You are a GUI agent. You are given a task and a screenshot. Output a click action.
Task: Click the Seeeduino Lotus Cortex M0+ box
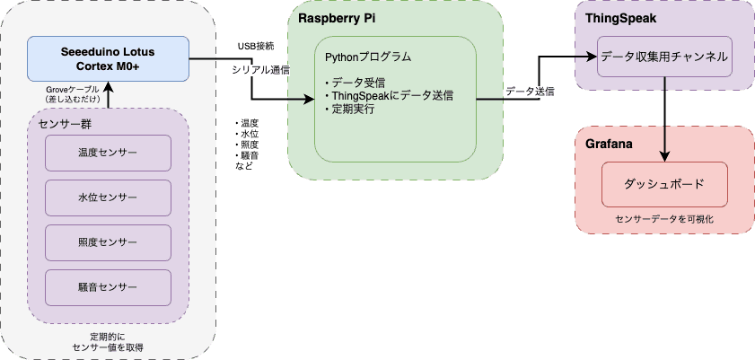108,58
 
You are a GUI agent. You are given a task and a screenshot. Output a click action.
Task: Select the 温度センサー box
108,154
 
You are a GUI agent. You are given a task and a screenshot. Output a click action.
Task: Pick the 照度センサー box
108,243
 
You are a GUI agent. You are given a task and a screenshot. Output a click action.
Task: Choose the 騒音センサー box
108,288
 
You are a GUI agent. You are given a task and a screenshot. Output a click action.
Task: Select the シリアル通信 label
259,69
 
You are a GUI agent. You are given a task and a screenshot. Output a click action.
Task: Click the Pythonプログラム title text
368,57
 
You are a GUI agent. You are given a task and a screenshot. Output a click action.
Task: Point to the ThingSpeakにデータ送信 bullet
390,95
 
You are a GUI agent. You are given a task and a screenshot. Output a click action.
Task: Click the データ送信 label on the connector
530,92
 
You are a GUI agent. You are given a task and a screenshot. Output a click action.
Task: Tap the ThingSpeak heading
621,18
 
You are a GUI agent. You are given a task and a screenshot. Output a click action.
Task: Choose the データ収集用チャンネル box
664,57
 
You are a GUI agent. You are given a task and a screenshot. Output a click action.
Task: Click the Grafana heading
610,144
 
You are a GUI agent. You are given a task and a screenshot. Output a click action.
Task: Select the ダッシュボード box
663,183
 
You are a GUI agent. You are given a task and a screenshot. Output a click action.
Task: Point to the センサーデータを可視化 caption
663,218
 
